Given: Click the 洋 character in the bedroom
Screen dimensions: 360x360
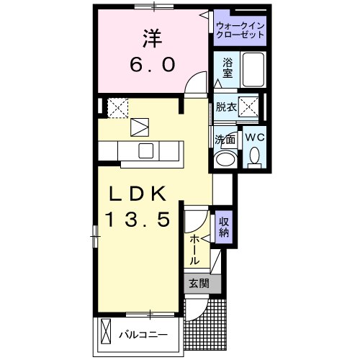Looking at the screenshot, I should click(150, 37).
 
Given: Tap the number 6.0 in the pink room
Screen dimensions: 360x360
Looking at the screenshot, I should click(151, 65).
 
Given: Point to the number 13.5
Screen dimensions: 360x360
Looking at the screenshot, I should click(140, 219).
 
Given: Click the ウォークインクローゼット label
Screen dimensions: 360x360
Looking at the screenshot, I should click(240, 31).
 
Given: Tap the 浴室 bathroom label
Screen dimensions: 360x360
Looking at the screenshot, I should click(227, 66).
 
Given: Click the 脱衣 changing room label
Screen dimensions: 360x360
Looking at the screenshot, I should click(226, 108).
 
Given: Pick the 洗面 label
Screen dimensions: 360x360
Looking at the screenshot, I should click(224, 139).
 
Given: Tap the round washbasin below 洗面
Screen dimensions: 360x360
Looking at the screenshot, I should click(226, 159).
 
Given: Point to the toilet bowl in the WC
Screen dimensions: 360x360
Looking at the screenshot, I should click(254, 155).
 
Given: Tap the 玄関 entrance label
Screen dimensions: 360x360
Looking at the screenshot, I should click(197, 283).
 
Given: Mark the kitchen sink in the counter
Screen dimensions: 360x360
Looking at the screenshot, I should click(145, 150).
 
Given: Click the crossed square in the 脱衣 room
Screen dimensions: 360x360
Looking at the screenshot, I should click(248, 108).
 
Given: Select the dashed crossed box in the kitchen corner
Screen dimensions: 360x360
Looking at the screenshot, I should click(117, 107).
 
